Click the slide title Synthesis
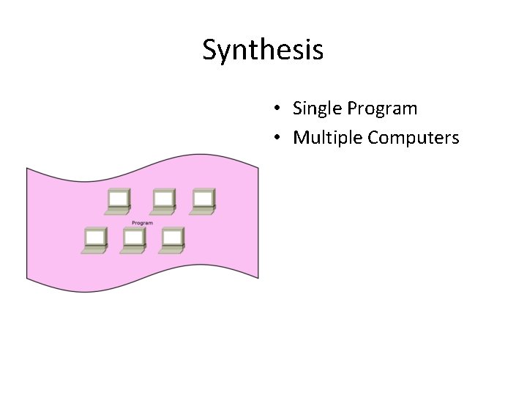click(x=263, y=50)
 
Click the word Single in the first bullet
click(x=318, y=109)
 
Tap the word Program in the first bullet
click(x=382, y=109)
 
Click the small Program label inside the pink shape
click(x=142, y=223)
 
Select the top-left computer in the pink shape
click(x=118, y=202)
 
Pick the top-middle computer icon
click(x=162, y=202)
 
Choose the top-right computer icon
click(x=202, y=202)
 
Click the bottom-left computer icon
click(x=94, y=240)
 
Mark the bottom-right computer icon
click(x=172, y=240)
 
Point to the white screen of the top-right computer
click(x=203, y=198)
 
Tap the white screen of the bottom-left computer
click(x=95, y=236)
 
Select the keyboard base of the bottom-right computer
click(x=171, y=250)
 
